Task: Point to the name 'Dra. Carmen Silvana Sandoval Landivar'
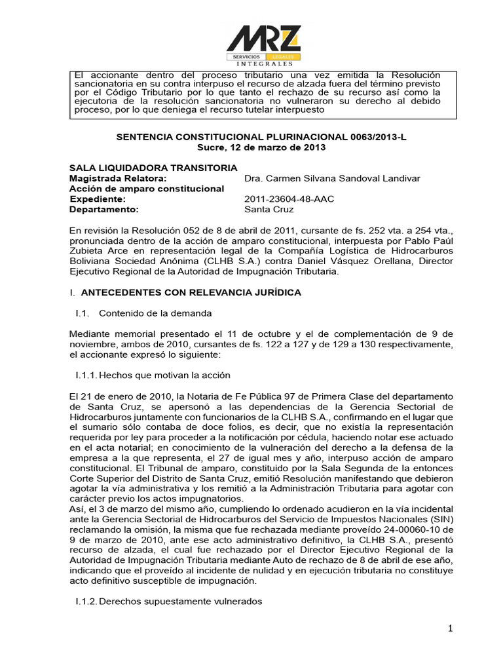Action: (x=332, y=178)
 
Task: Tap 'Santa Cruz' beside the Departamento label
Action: (x=269, y=210)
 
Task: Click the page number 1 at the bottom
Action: (x=451, y=630)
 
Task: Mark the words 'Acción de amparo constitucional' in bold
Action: (x=147, y=189)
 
